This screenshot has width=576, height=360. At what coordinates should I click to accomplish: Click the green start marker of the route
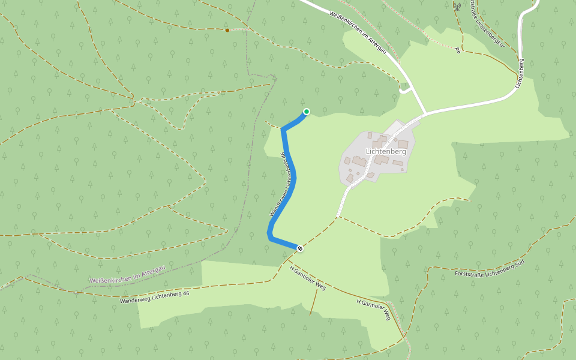click(x=307, y=111)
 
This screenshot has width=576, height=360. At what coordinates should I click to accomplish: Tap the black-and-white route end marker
click(x=300, y=248)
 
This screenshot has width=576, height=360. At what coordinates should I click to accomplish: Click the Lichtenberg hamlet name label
click(x=386, y=152)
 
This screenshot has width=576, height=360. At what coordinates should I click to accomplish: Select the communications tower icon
click(x=457, y=7)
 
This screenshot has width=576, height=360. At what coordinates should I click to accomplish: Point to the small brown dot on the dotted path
click(x=227, y=29)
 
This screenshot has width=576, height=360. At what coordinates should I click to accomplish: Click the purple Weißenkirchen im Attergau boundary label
click(x=127, y=274)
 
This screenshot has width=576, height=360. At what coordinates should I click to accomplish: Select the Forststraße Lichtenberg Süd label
click(x=490, y=269)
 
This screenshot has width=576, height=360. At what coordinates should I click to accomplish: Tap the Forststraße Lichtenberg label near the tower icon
click(x=485, y=24)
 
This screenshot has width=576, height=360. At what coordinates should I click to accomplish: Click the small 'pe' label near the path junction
click(x=458, y=50)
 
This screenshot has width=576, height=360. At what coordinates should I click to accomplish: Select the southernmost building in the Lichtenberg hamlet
click(x=370, y=175)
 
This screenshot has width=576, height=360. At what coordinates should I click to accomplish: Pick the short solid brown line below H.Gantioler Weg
click(x=312, y=305)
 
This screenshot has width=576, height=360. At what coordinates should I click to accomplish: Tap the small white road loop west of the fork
click(x=406, y=89)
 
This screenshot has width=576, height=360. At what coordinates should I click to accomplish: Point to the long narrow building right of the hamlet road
click(x=398, y=163)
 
